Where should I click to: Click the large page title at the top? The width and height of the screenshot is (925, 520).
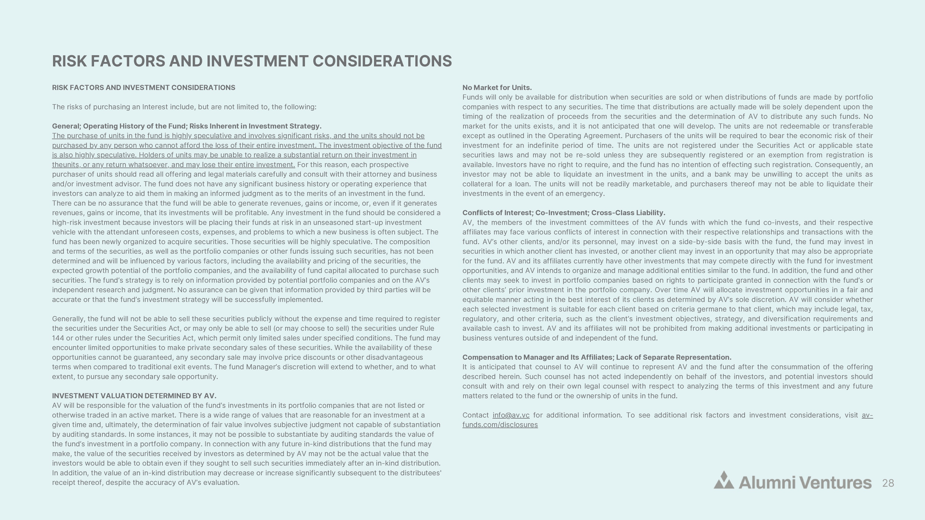pyautogui.click(x=252, y=61)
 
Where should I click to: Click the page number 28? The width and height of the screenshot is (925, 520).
pyautogui.click(x=888, y=483)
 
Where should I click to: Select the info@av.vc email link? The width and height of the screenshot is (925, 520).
pyautogui.click(x=511, y=415)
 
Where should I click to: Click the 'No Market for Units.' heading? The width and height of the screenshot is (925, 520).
pyautogui.click(x=497, y=88)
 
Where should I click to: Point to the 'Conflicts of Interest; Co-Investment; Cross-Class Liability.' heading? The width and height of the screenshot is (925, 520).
pyautogui.click(x=563, y=213)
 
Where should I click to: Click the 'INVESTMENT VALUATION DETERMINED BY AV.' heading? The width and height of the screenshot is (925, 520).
pyautogui.click(x=134, y=396)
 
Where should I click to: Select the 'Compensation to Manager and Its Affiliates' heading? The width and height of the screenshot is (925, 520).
pyautogui.click(x=596, y=358)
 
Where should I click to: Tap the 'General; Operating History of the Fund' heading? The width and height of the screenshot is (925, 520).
pyautogui.click(x=186, y=126)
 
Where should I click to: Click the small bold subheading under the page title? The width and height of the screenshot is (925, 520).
pyautogui.click(x=144, y=88)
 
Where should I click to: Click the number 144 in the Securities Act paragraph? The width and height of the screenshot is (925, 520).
pyautogui.click(x=58, y=338)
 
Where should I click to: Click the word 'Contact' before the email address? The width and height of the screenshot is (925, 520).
pyautogui.click(x=475, y=415)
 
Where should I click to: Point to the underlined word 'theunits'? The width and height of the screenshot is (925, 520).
pyautogui.click(x=65, y=165)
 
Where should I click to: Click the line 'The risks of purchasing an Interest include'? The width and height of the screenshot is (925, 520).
pyautogui.click(x=184, y=107)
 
